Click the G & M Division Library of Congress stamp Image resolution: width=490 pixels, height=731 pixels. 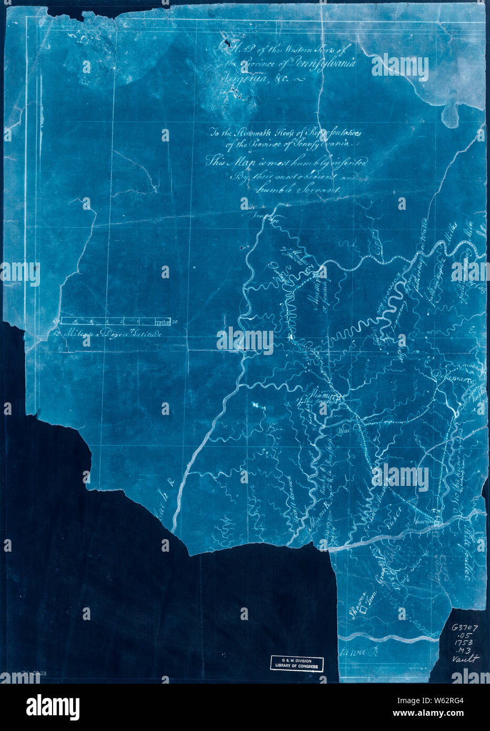point(297,663)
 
